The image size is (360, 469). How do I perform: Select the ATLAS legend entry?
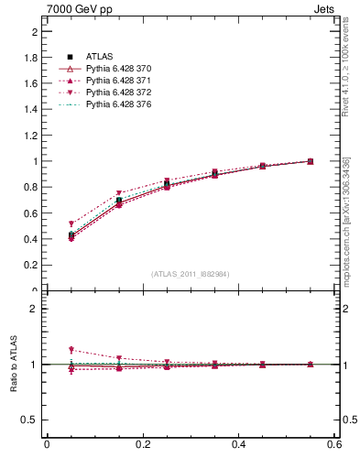click(102, 57)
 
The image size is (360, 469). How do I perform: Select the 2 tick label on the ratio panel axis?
click(35, 309)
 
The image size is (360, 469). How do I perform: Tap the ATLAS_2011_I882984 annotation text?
click(191, 274)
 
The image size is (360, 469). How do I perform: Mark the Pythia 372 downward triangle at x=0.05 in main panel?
click(71, 224)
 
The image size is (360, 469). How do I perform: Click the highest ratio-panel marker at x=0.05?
click(71, 350)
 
